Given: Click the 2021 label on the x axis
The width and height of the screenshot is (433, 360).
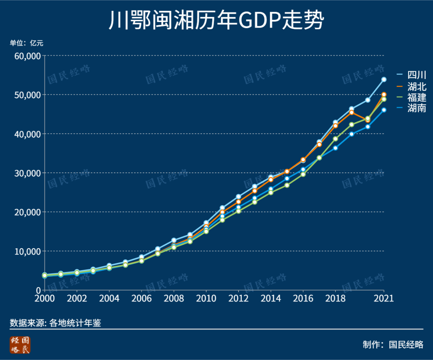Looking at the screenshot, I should click(384, 299).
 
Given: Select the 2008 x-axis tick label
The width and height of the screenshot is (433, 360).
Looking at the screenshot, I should click(174, 299).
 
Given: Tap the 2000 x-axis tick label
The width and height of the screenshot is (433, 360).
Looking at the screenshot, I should click(45, 299).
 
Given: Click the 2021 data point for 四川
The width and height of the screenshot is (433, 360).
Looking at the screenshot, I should click(384, 79).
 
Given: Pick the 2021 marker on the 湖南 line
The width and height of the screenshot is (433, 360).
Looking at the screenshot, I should click(384, 110).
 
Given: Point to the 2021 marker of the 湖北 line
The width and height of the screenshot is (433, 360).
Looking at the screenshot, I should click(384, 95).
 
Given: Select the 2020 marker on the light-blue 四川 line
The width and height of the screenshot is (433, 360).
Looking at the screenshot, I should click(368, 100).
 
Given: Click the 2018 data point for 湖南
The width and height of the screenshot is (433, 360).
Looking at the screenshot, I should click(335, 148).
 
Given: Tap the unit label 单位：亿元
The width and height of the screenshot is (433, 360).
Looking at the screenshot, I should click(26, 43).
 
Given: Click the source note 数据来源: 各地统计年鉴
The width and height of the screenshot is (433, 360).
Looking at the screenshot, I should click(55, 323).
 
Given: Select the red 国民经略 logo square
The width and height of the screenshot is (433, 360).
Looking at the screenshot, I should click(20, 345).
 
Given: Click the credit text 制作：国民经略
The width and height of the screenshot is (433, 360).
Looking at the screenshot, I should click(393, 344).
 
